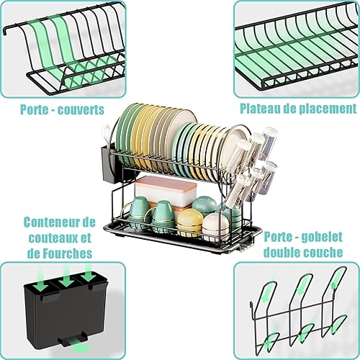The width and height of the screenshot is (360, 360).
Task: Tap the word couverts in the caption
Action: (x=81, y=110)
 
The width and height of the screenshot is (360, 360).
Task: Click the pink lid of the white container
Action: (x=166, y=183)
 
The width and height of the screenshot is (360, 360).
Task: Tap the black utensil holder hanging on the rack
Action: (x=110, y=164)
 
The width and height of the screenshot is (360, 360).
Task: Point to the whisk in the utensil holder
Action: (x=106, y=135)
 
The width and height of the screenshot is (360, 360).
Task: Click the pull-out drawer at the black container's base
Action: (x=72, y=340)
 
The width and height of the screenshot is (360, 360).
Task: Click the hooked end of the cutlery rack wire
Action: (x=6, y=31)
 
